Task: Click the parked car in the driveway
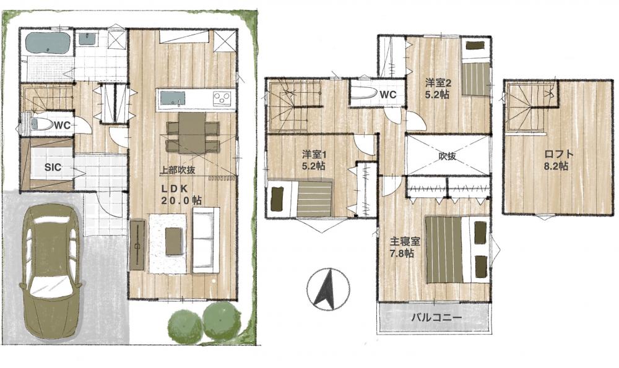(x=51, y=269)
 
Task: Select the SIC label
(x=53, y=167)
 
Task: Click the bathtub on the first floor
(x=48, y=44)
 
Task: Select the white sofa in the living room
(x=206, y=240)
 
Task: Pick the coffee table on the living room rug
(x=174, y=241)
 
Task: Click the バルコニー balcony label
(x=436, y=317)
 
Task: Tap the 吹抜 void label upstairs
(x=448, y=156)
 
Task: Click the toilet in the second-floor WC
(x=362, y=93)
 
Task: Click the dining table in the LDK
(x=193, y=133)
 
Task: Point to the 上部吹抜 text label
(x=177, y=170)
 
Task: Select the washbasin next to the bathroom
(x=87, y=38)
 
